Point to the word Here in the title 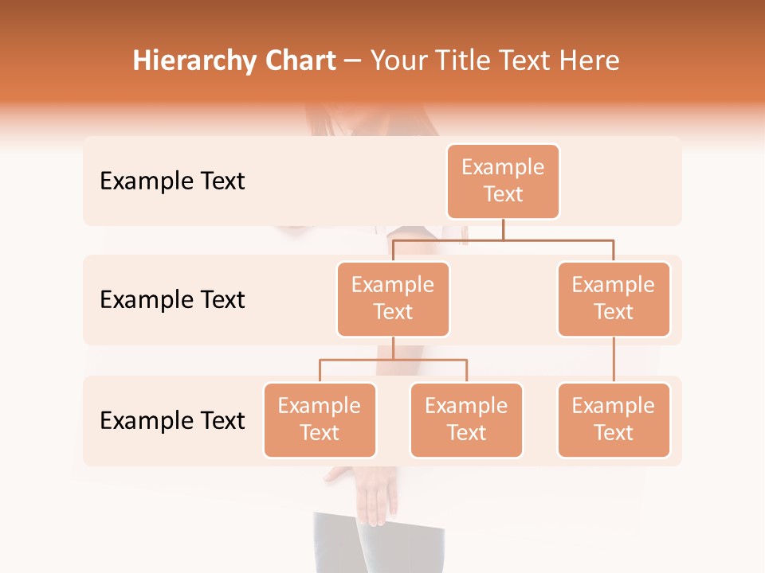tap(591, 60)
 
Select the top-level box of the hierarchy tap(503, 181)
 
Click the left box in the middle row tap(393, 298)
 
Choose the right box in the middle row tap(614, 298)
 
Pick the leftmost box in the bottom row tap(320, 419)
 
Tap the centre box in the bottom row tap(466, 419)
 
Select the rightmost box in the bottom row tap(614, 419)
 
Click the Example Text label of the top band tap(172, 181)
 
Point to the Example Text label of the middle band tap(172, 300)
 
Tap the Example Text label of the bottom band tap(172, 420)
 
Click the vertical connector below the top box tap(503, 229)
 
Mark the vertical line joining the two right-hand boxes tap(614, 359)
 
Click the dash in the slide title tap(353, 61)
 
